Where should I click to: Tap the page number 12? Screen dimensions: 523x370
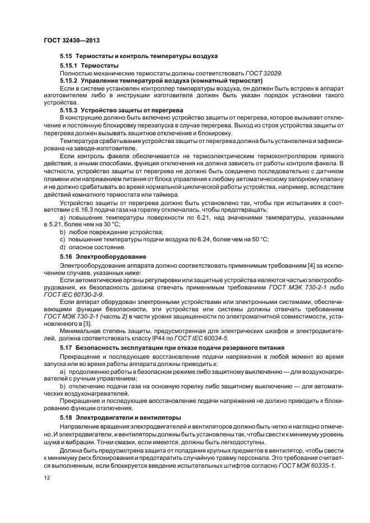pos(46,477)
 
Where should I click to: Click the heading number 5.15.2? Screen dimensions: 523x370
pos(69,80)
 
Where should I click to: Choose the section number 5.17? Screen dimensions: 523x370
pos(67,348)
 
